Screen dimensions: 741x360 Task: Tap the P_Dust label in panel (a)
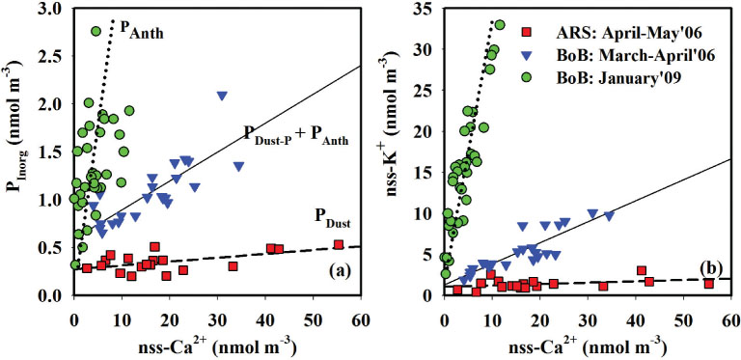click(333, 218)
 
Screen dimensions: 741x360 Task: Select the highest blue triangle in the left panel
click(222, 96)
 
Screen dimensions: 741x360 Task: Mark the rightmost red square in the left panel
click(339, 245)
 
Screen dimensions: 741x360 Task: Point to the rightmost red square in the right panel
click(708, 284)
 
